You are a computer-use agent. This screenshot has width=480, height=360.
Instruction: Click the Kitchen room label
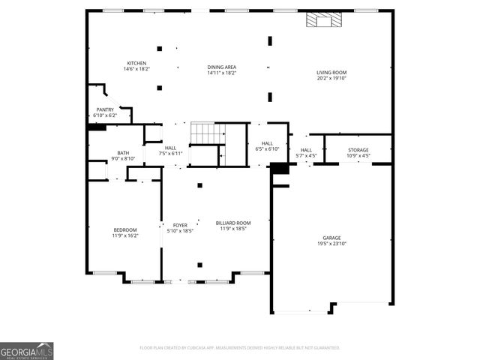click(136, 63)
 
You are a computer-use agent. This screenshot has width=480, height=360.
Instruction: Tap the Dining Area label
click(222, 67)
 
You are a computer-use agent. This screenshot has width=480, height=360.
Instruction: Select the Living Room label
click(331, 72)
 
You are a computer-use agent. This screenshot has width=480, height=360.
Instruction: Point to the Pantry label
click(105, 109)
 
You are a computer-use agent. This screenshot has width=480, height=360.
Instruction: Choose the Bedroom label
click(125, 229)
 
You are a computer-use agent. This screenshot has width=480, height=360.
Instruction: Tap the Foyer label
click(180, 225)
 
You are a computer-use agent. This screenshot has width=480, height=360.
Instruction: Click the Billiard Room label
click(233, 223)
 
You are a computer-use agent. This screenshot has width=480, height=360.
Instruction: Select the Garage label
click(331, 238)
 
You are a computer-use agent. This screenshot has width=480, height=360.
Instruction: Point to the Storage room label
click(358, 150)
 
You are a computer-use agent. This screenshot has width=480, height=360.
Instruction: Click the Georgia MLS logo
click(27, 350)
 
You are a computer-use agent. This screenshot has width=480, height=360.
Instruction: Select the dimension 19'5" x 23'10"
click(331, 244)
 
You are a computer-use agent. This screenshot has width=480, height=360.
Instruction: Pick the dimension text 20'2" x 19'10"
click(331, 77)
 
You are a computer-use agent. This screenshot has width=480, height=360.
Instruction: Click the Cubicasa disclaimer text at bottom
click(240, 348)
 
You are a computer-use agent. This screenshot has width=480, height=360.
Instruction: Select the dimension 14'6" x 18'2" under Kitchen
click(136, 69)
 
